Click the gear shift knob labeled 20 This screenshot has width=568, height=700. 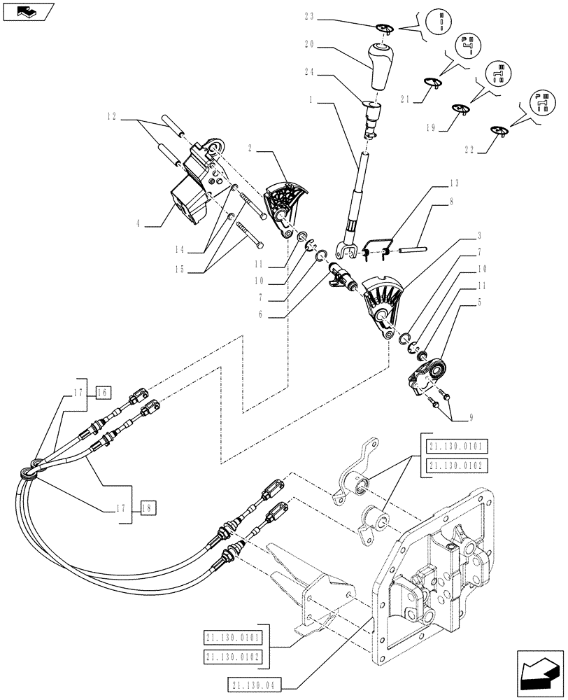point(381,65)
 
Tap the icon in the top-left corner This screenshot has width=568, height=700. point(27,12)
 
